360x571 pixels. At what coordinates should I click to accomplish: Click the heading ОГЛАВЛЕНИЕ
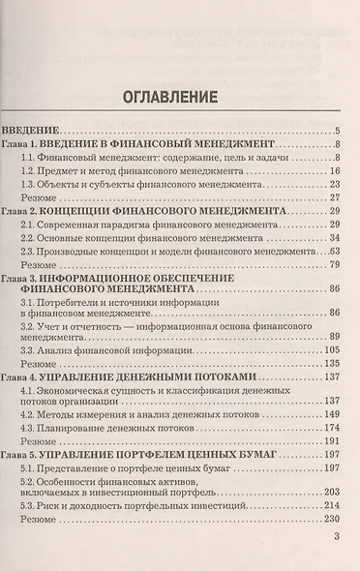(179, 97)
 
